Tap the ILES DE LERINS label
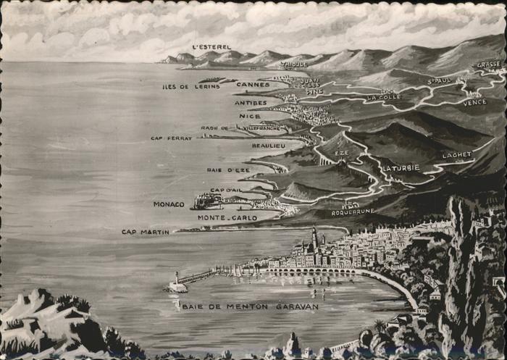[x=190, y=86]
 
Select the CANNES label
[x=253, y=85]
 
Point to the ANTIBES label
[x=251, y=103]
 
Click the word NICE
[x=249, y=116]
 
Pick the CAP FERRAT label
[x=171, y=138]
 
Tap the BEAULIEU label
[x=268, y=146]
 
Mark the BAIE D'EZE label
[x=228, y=170]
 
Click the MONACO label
[x=169, y=204]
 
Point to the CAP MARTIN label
[x=145, y=232]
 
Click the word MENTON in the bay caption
[x=247, y=306]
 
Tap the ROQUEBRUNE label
[x=353, y=212]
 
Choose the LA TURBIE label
[x=401, y=167]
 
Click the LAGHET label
[x=457, y=154]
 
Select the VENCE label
[x=474, y=102]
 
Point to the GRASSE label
[x=488, y=64]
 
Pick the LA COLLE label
[x=383, y=97]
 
